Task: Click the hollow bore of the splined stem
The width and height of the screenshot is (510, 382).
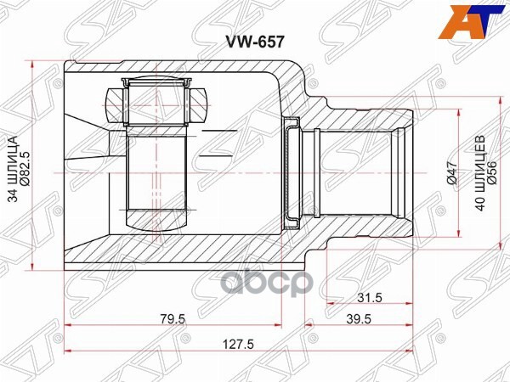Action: click(357, 173)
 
